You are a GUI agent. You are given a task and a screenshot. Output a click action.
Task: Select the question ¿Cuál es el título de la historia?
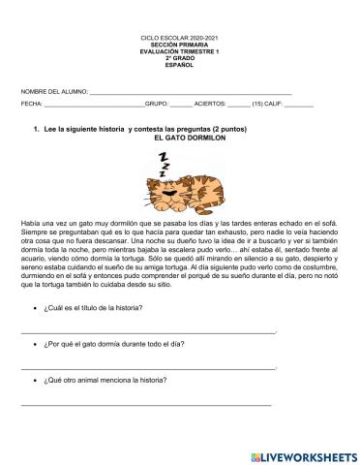click(x=93, y=307)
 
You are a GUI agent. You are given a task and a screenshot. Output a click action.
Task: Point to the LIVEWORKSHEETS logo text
click(x=301, y=455)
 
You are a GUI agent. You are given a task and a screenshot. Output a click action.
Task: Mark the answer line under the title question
click(x=145, y=330)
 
